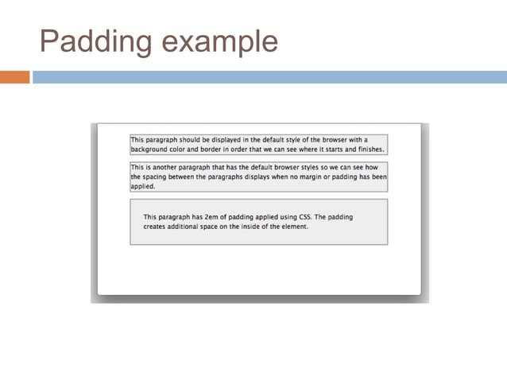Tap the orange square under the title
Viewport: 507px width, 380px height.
15,77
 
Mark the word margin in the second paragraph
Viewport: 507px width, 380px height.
303,178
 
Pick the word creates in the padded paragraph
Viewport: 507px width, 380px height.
156,227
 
